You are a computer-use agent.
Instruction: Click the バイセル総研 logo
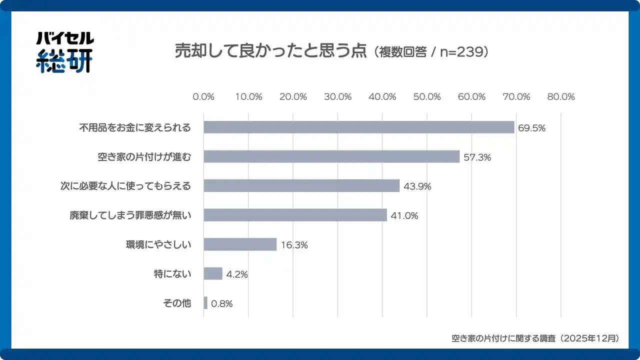pyautogui.click(x=64, y=52)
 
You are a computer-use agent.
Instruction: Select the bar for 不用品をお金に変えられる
pyautogui.click(x=359, y=127)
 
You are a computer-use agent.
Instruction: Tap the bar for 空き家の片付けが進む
pyautogui.click(x=331, y=156)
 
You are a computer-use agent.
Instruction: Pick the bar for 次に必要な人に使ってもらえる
pyautogui.click(x=301, y=186)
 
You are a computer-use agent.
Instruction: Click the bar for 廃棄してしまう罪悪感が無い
pyautogui.click(x=295, y=215)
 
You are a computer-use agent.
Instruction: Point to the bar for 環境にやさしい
pyautogui.click(x=240, y=244)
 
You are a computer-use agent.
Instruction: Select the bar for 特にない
pyautogui.click(x=213, y=274)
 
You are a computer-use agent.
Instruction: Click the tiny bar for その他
pyautogui.click(x=205, y=303)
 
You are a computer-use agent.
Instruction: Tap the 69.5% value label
pyautogui.click(x=531, y=128)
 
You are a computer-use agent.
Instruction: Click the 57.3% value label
pyautogui.click(x=477, y=157)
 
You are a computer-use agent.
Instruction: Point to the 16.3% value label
pyautogui.click(x=294, y=245)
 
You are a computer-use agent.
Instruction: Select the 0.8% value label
pyautogui.click(x=221, y=303)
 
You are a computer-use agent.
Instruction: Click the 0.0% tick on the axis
pyautogui.click(x=203, y=97)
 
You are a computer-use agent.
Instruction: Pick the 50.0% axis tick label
pyautogui.click(x=426, y=97)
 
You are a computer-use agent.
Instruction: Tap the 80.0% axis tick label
pyautogui.click(x=560, y=97)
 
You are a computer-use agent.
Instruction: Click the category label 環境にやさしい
pyautogui.click(x=158, y=245)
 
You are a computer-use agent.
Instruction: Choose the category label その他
pyautogui.click(x=177, y=303)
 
